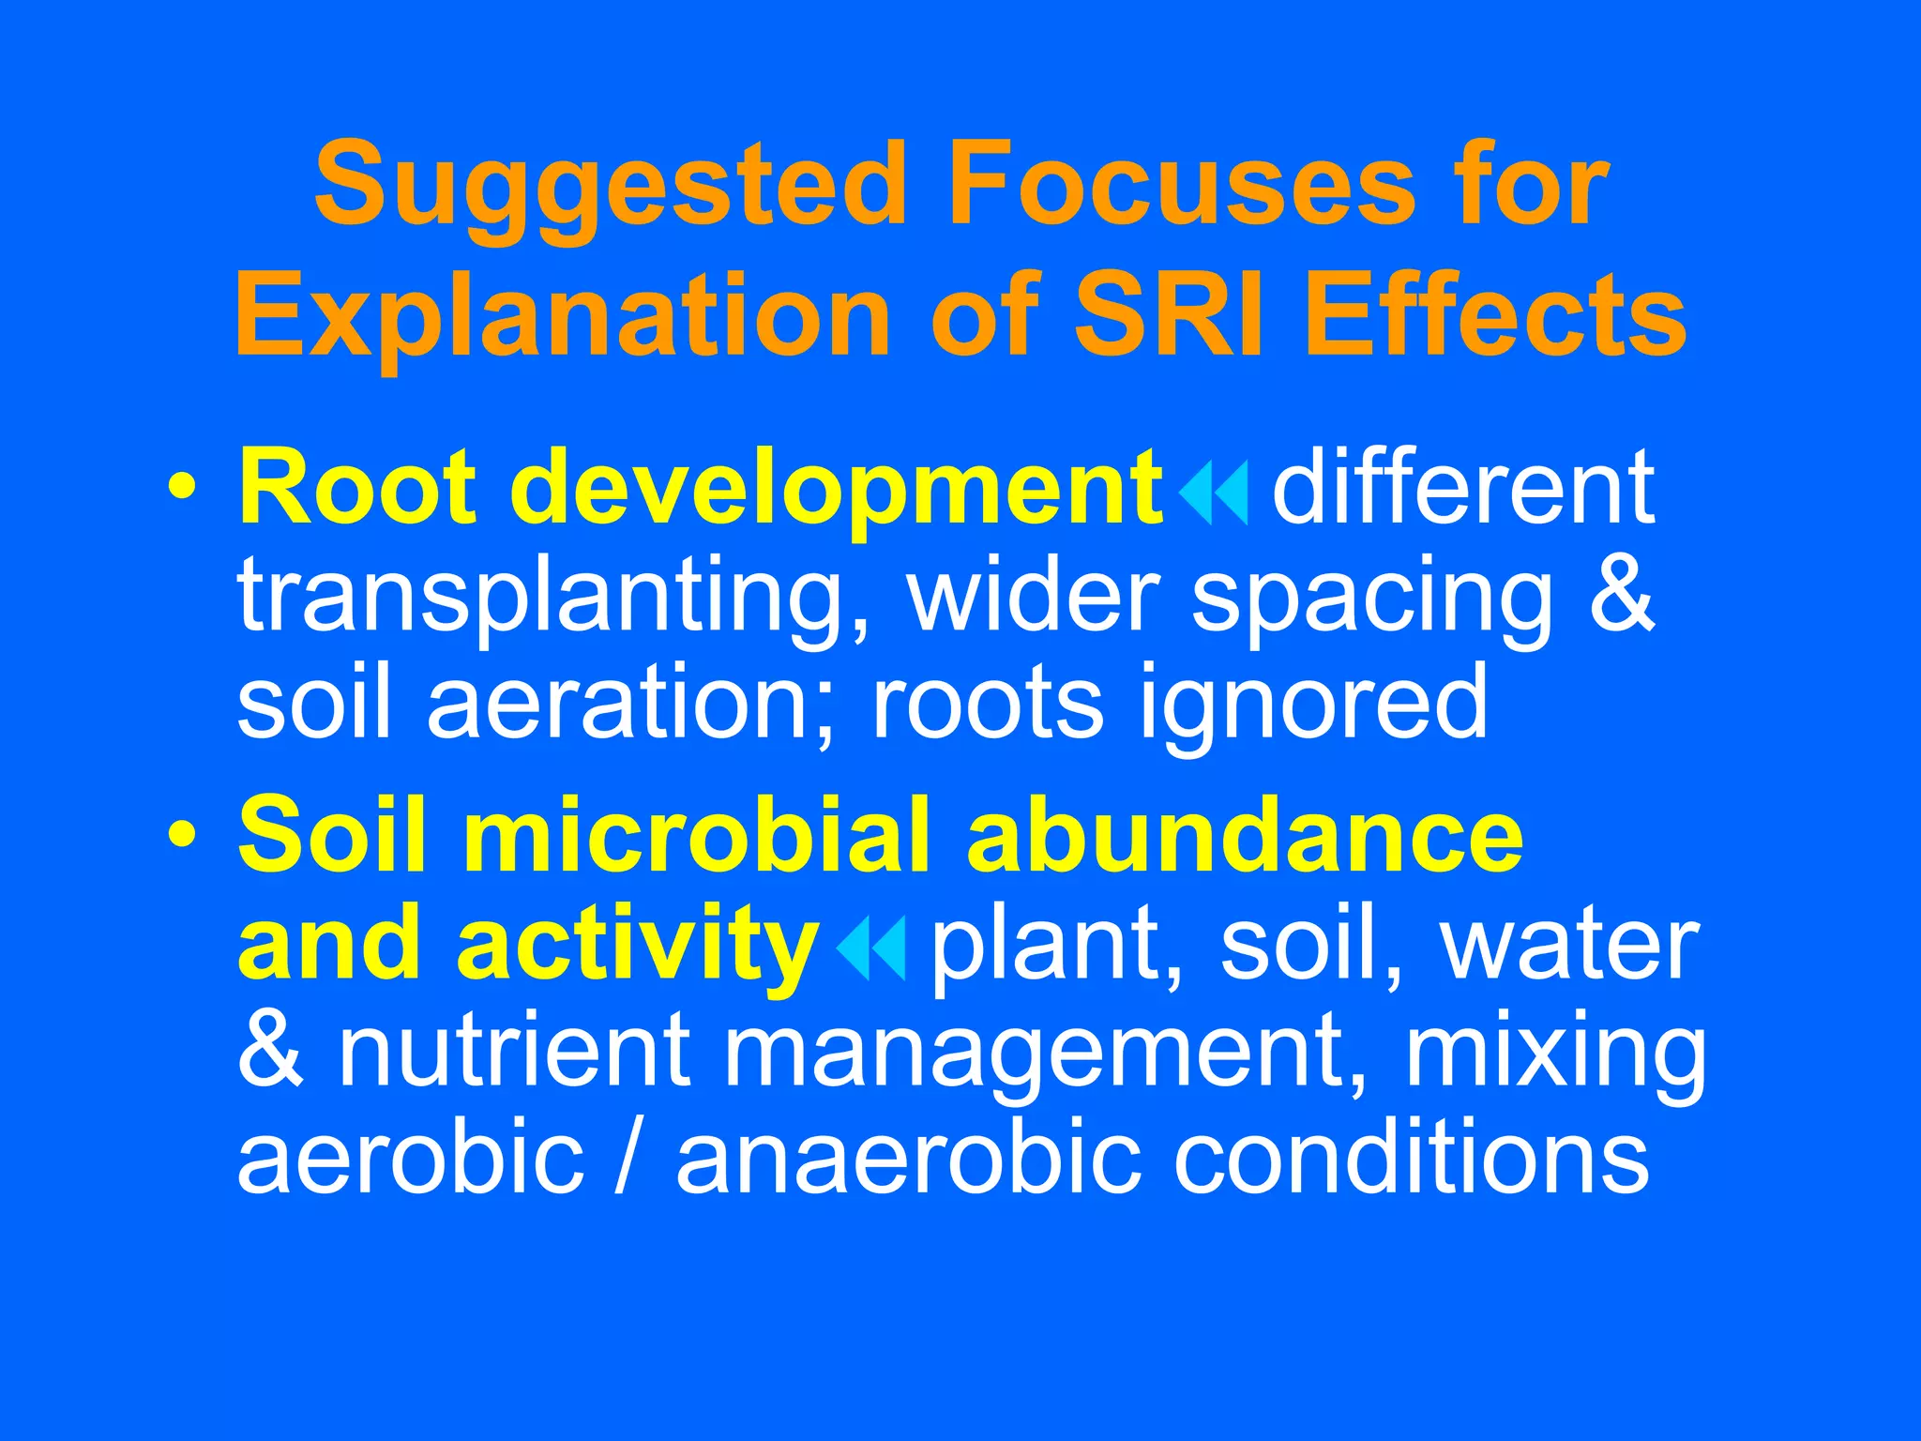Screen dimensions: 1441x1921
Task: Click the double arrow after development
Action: [x=1214, y=493]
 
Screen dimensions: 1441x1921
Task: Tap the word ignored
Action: [x=1313, y=704]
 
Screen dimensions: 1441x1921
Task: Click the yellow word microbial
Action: [x=696, y=833]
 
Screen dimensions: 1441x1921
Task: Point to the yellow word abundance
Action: [x=1244, y=833]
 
